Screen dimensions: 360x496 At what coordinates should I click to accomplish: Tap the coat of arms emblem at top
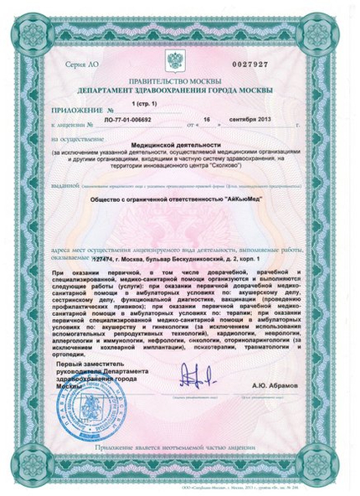click(175, 61)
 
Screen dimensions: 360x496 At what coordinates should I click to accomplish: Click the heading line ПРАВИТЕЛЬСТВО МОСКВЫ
click(178, 81)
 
